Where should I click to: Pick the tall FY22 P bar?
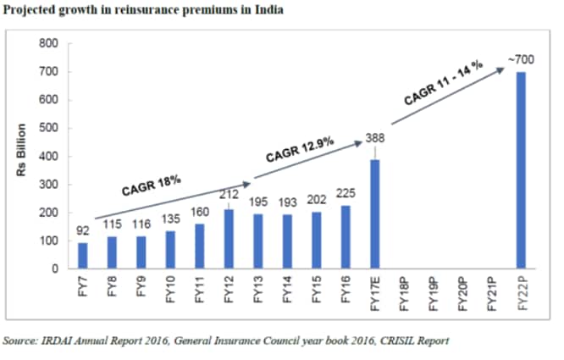[521, 170]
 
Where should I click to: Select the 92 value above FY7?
[83, 230]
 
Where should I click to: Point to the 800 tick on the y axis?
[49, 43]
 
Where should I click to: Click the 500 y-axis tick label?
[49, 128]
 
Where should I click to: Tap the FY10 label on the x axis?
[170, 291]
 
